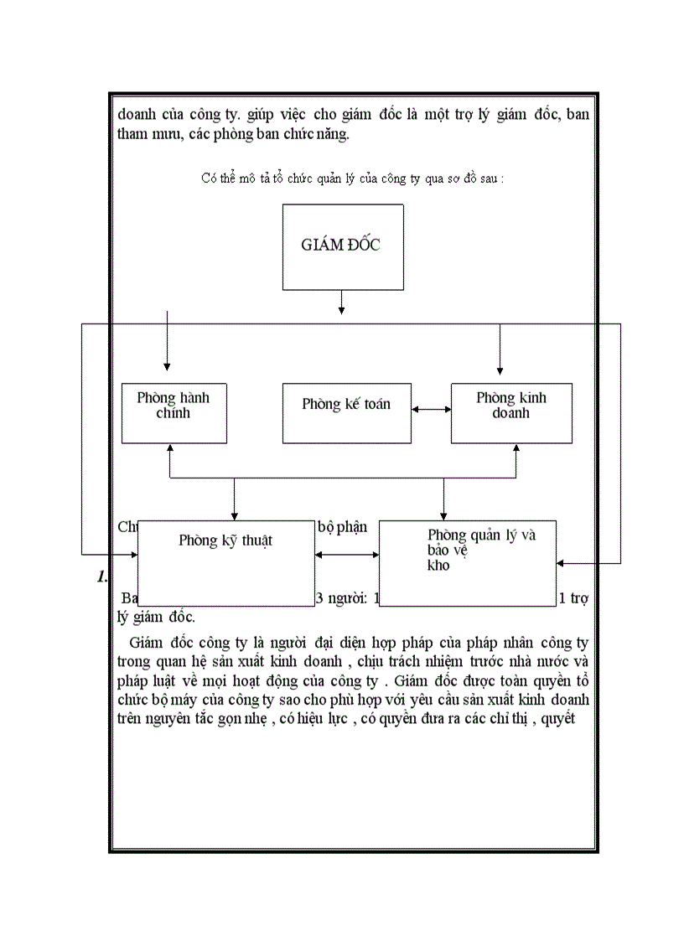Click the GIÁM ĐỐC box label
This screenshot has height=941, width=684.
coord(340,246)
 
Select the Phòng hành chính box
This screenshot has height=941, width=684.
coord(174,412)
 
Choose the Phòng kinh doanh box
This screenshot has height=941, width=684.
coord(511,412)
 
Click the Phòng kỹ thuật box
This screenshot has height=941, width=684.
coord(225,562)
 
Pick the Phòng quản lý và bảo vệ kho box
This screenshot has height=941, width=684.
coord(468,562)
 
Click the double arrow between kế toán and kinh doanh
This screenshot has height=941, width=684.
coord(431,409)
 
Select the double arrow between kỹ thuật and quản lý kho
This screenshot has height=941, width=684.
coord(346,554)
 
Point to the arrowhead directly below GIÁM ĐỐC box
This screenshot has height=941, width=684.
coord(341,310)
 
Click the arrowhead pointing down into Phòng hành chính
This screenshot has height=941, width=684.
coord(167,366)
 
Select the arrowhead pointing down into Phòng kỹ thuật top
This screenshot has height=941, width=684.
coord(234,515)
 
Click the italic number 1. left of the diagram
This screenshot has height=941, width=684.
coord(102,576)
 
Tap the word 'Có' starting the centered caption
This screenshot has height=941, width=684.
coord(209,178)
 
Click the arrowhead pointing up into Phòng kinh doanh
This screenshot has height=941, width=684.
coord(515,448)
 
